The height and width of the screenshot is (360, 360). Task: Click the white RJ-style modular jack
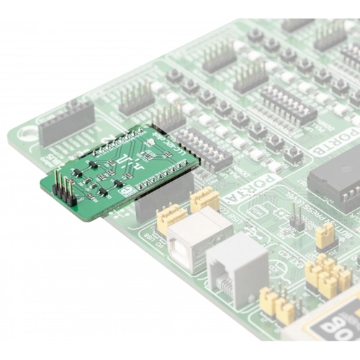pyautogui.click(x=238, y=261)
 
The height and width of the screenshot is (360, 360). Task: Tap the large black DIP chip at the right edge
pyautogui.click(x=335, y=179)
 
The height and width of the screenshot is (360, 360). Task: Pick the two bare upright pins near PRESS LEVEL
pyautogui.click(x=295, y=217)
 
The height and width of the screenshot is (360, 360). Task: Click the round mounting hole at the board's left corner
pyautogui.click(x=29, y=133)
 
